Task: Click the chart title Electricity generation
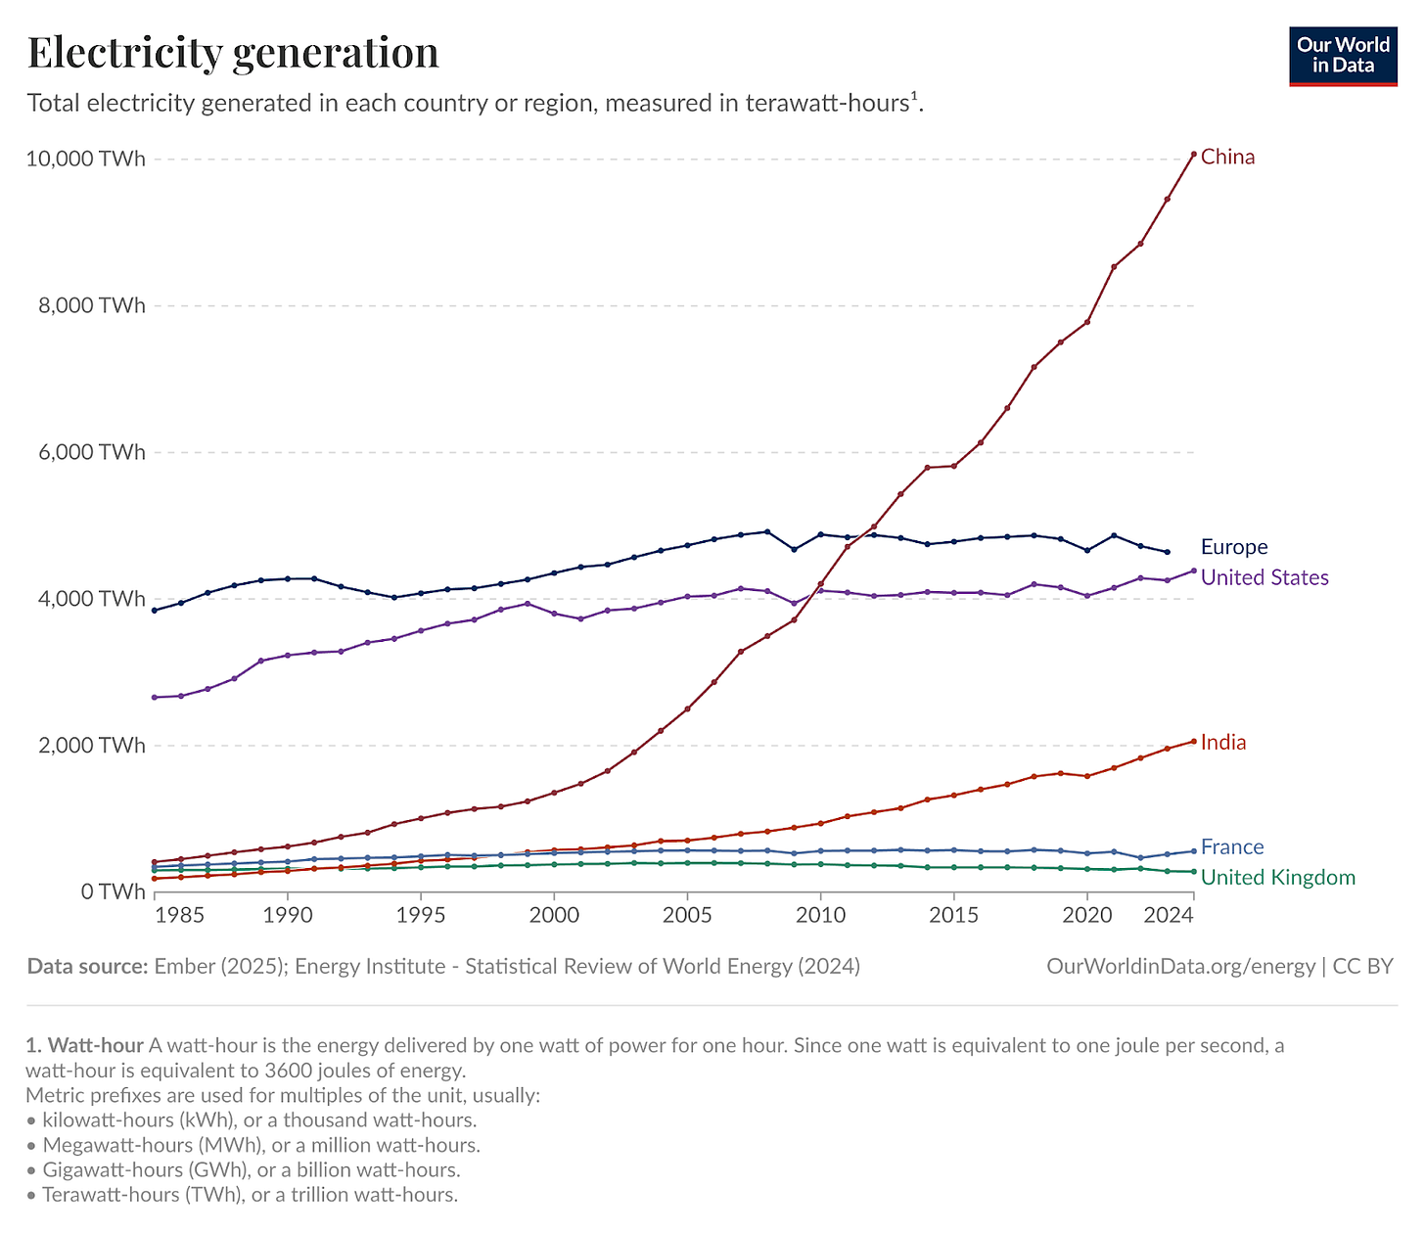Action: coord(233,53)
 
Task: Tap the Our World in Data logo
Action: coord(1343,57)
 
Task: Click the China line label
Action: coord(1227,157)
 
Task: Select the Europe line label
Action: coord(1233,547)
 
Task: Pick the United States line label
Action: coord(1264,577)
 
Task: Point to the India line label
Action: coord(1223,742)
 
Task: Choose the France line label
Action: coord(1232,846)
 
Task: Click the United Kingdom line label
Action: coord(1277,877)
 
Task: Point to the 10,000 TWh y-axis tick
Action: coord(86,159)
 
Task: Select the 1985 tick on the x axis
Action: coord(180,915)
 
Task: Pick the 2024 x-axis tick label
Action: coord(1168,915)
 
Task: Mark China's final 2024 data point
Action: coord(1193,154)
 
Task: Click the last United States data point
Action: coord(1193,571)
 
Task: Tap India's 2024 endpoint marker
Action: coord(1193,741)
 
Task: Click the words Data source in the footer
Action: coord(87,967)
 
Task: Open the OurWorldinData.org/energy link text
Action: coord(1180,967)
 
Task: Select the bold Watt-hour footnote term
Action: coord(96,1045)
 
